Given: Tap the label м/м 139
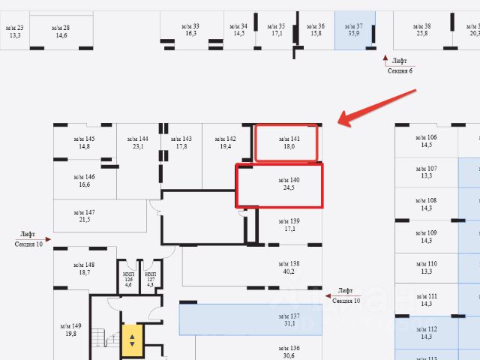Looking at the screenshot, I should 289,224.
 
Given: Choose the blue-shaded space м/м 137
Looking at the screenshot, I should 289,319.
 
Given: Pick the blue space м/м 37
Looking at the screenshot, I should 355,29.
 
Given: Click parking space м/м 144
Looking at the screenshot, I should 137,142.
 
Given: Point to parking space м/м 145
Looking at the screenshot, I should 84,142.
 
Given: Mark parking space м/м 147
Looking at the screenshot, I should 84,216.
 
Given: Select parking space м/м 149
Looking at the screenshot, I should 71,330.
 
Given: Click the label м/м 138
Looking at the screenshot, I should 289,267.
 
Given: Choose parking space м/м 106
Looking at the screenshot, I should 426,141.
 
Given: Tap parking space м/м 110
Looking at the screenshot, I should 426,268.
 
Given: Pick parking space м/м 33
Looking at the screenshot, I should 190,29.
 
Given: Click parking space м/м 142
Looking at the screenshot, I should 226,142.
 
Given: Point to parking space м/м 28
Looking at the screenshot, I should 61,31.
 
